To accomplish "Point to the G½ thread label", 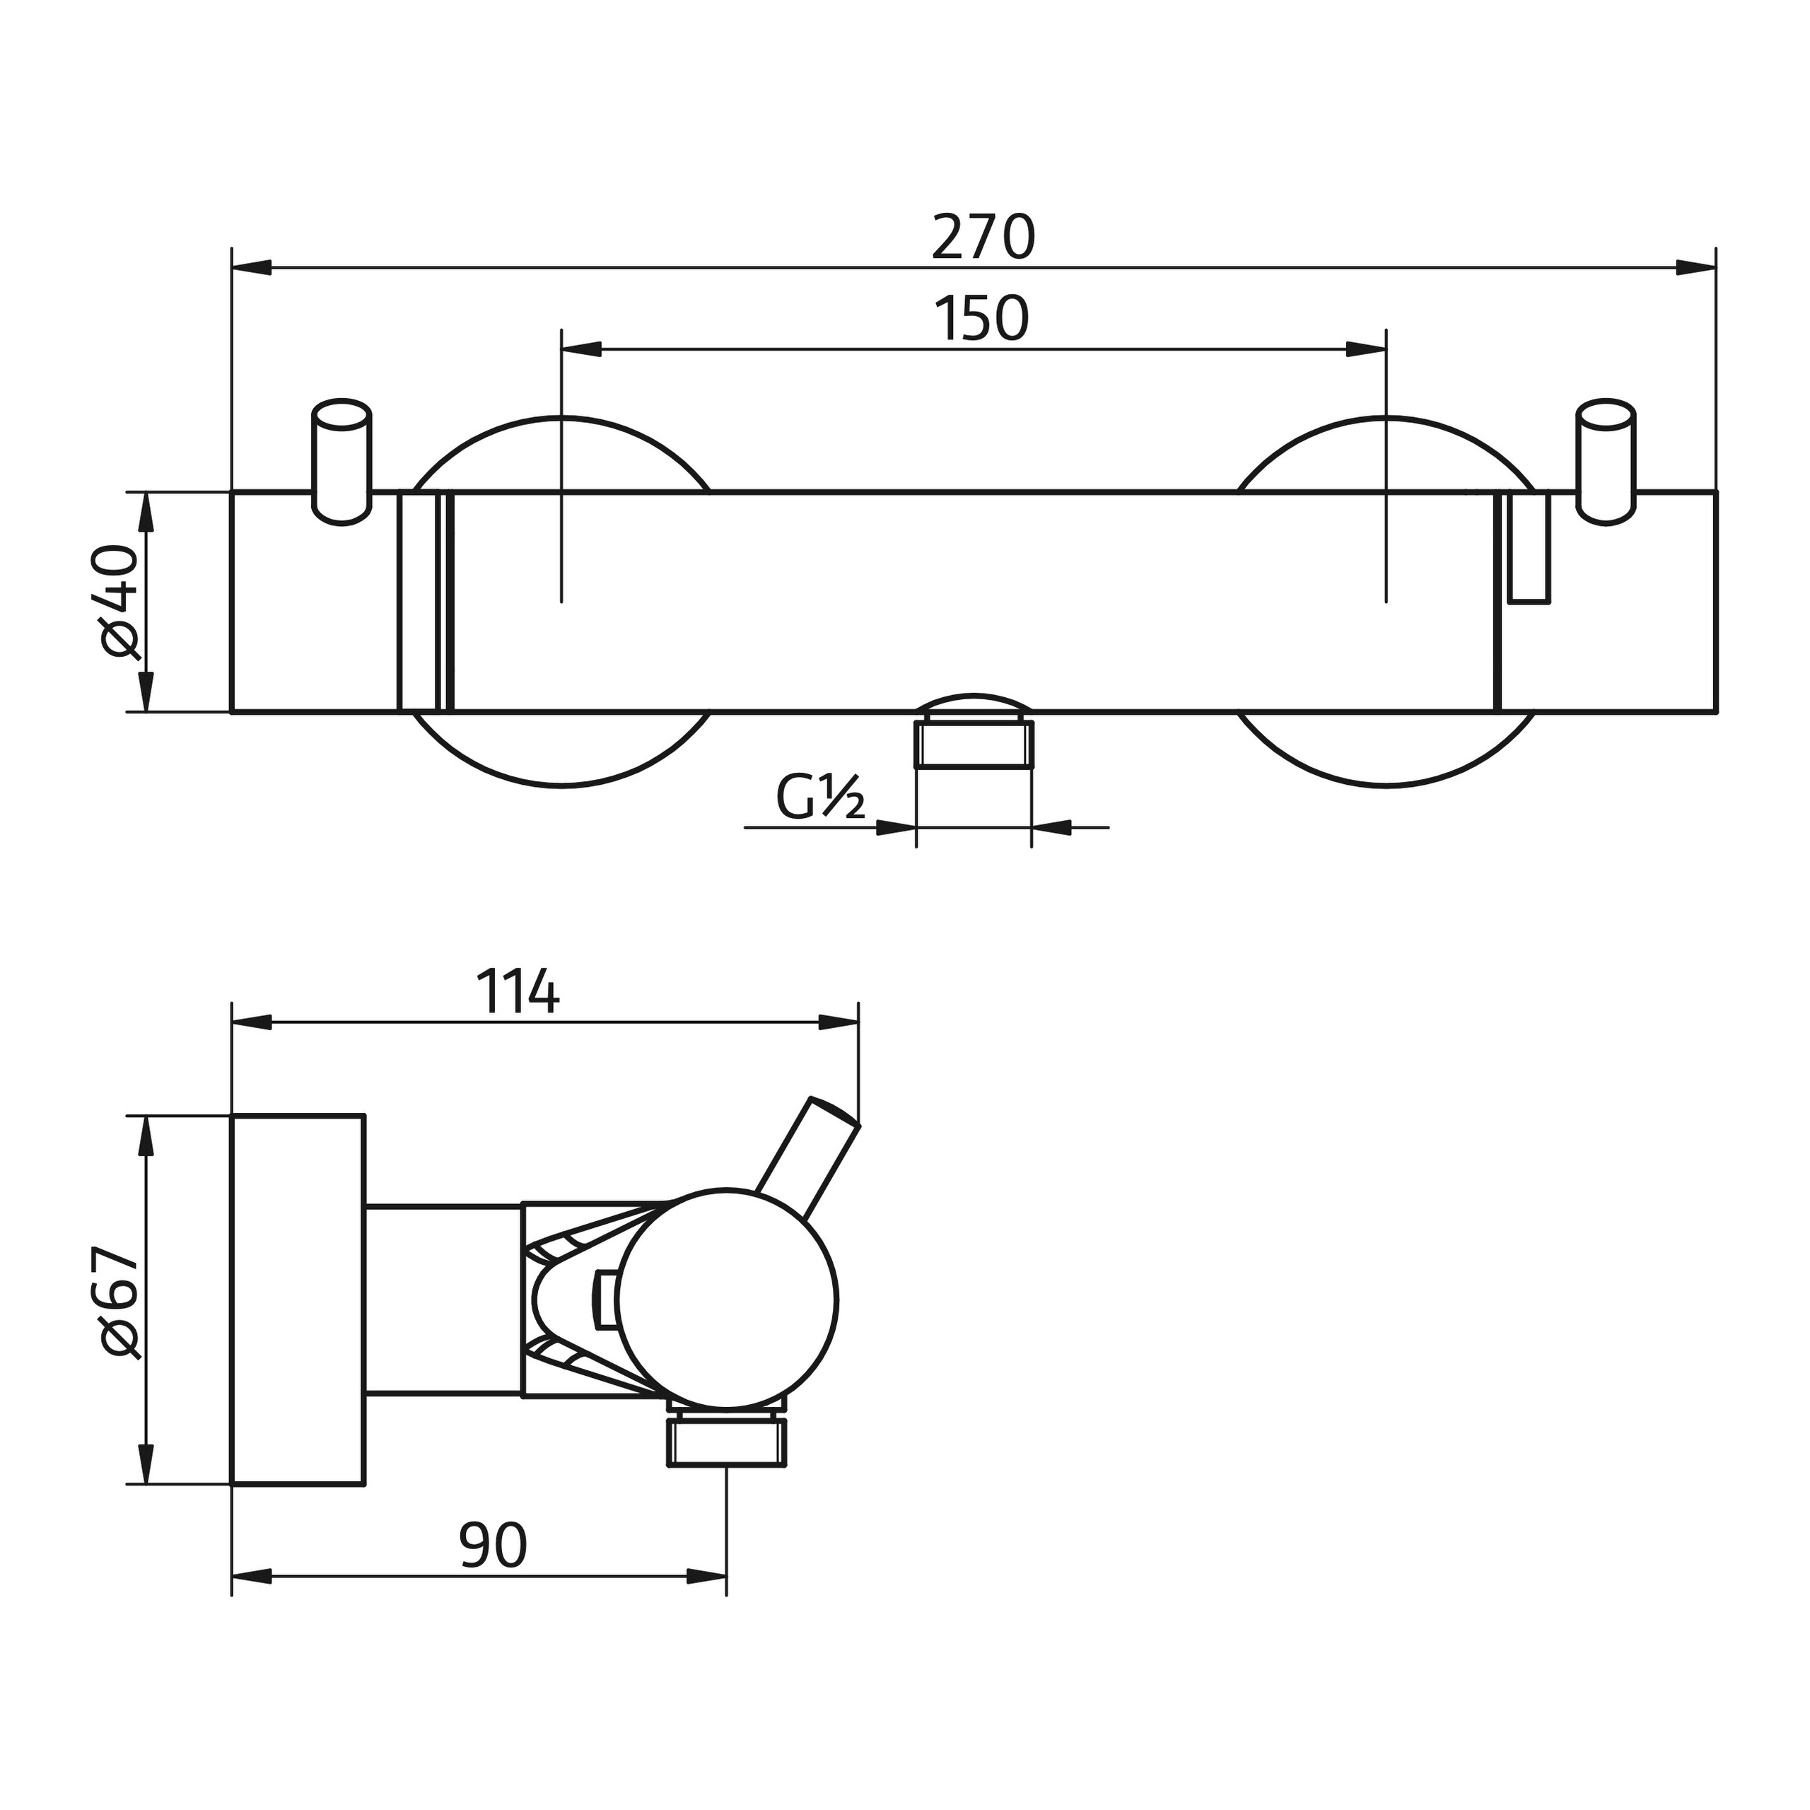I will (x=819, y=799).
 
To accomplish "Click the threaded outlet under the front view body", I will (x=974, y=744).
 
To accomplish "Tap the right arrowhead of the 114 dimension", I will (x=839, y=1023).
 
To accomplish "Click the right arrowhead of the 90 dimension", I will (x=707, y=1577).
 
